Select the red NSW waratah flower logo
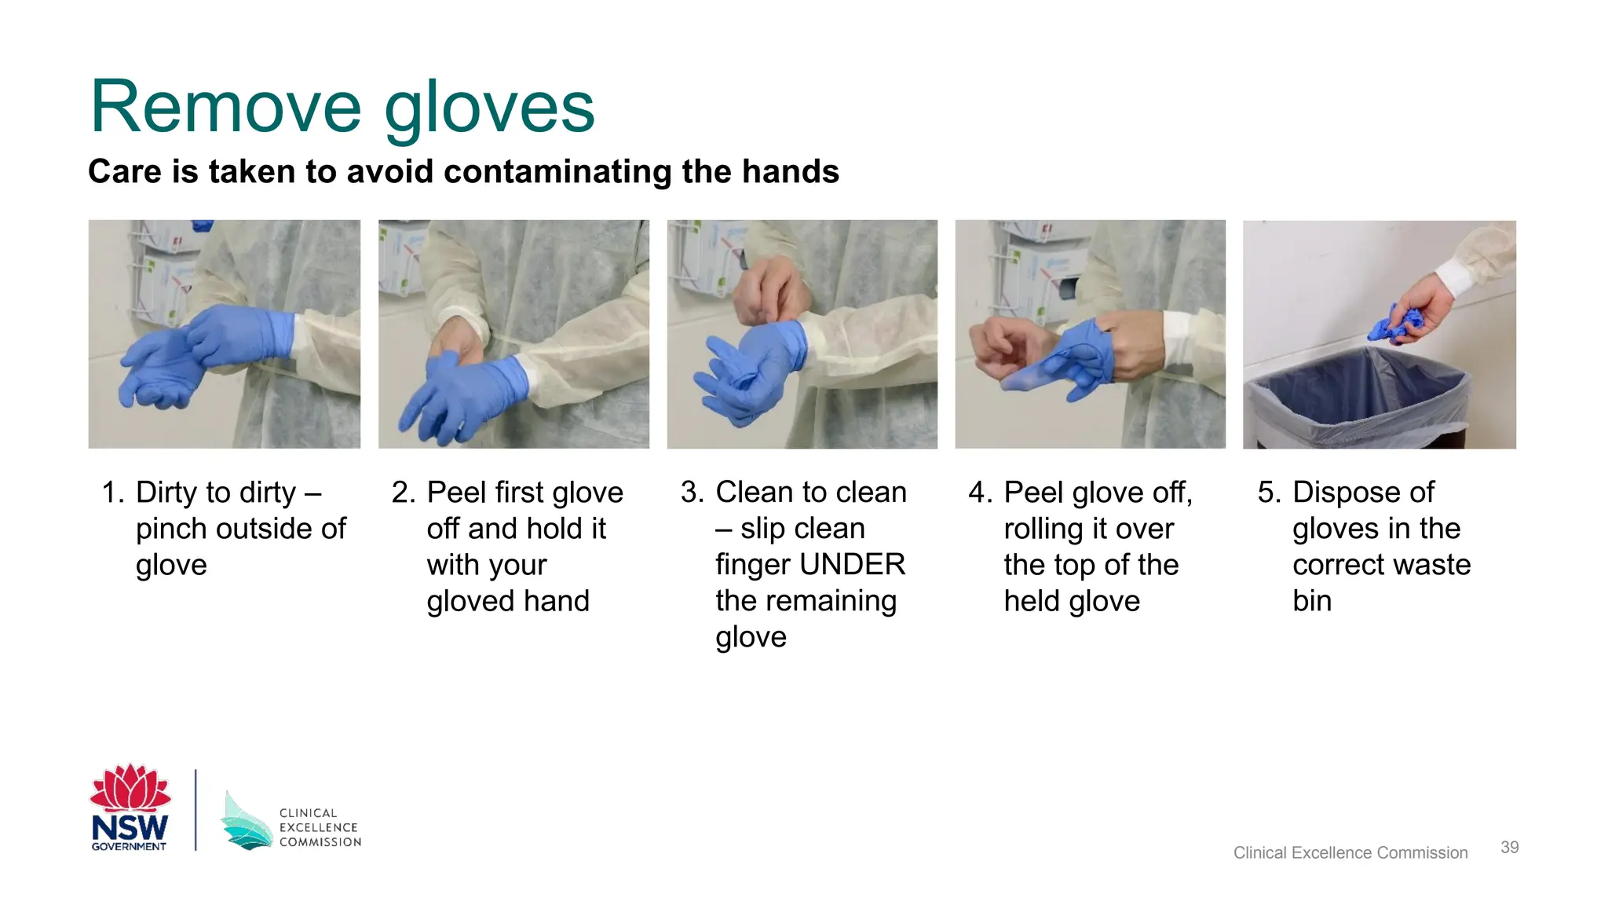pos(130,787)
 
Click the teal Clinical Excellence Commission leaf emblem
pos(246,820)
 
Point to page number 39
pos(1509,847)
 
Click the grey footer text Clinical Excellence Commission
pos(1350,852)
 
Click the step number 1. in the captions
pos(113,493)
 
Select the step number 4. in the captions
pos(980,493)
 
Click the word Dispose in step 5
pos(1343,493)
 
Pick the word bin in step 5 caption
pos(1312,601)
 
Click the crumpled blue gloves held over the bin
pos(1394,324)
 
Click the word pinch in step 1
pos(172,529)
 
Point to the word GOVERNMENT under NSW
pos(129,846)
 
